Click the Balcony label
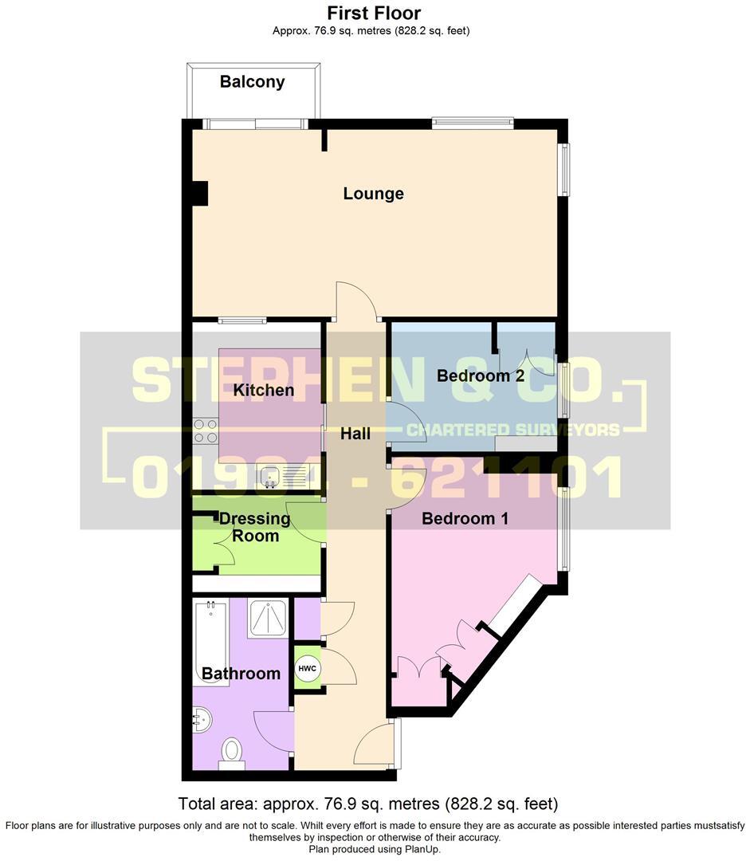(x=252, y=81)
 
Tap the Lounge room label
(x=373, y=194)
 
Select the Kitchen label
(x=264, y=390)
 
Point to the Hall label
(x=355, y=434)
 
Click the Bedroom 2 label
(x=481, y=375)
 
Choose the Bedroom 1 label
(x=465, y=518)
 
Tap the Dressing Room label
(x=249, y=526)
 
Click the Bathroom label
(x=241, y=674)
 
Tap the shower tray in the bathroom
(x=269, y=618)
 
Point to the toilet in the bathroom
(x=231, y=752)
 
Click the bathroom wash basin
(x=201, y=720)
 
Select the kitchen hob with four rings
(x=206, y=431)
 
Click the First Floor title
(x=374, y=14)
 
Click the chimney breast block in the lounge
(x=199, y=194)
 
